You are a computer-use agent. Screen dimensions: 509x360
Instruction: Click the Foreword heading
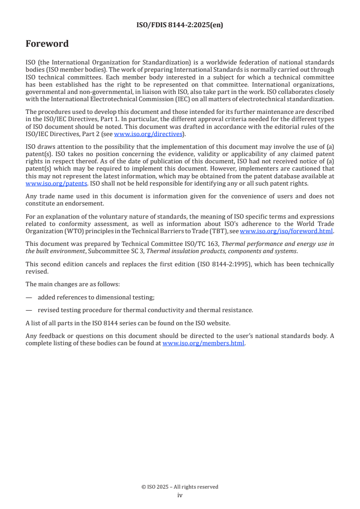[47, 44]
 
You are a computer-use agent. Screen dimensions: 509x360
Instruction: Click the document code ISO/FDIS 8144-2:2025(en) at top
[180, 25]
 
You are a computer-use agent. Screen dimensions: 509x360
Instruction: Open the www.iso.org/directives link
[148, 134]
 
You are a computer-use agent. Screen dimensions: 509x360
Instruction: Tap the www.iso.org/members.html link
[203, 343]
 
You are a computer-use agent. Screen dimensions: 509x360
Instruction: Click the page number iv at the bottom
[180, 495]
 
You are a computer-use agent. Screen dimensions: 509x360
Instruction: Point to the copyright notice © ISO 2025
[180, 487]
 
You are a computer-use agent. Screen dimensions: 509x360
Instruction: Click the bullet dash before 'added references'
[29, 297]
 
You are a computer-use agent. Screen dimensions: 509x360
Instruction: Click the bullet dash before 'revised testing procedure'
[29, 310]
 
